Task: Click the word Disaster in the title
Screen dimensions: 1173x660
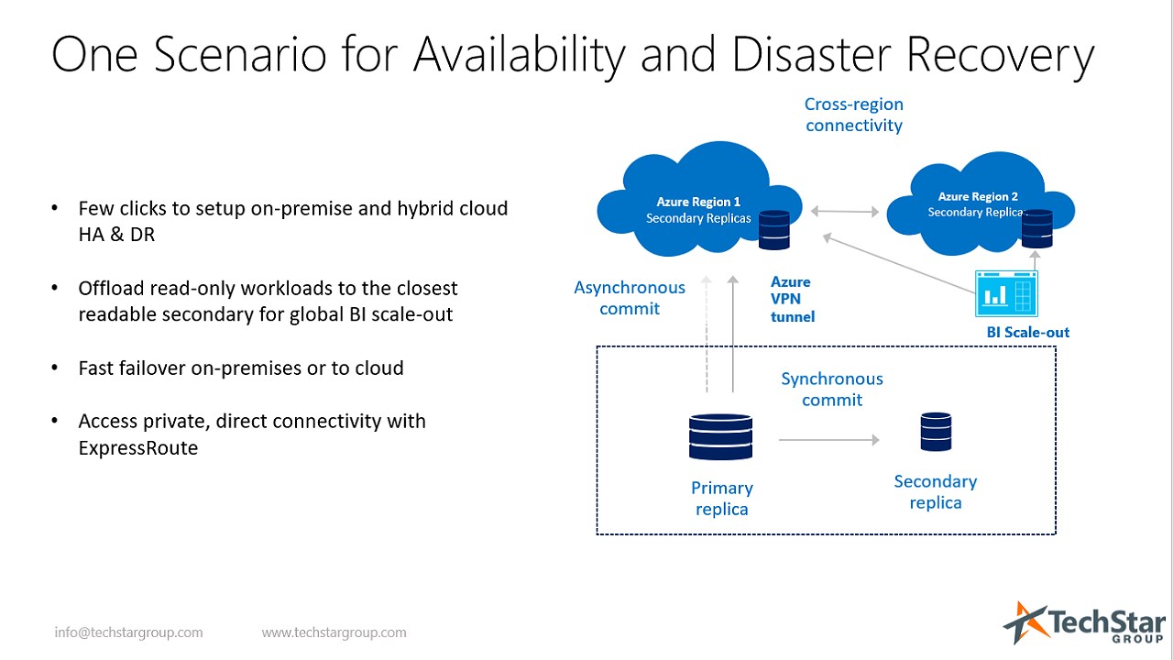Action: coord(811,54)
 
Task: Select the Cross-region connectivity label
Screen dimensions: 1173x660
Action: coord(854,115)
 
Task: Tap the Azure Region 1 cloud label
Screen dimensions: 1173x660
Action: coord(698,210)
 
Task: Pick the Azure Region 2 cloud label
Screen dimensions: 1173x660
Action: coord(977,204)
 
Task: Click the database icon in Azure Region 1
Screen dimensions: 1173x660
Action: coord(774,229)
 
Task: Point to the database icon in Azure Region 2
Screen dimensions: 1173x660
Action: coord(1036,228)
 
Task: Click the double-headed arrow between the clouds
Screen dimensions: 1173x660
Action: coord(845,212)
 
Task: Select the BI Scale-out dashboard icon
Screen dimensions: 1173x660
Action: coord(1006,294)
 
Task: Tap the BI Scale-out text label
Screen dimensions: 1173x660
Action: coord(1028,332)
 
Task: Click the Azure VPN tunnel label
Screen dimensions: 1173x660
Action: coord(793,299)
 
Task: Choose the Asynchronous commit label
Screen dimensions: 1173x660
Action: coord(630,298)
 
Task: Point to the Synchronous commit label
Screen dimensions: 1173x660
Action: coord(832,390)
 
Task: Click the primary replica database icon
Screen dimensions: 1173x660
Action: coord(720,437)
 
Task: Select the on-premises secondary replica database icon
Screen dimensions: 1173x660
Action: coord(937,432)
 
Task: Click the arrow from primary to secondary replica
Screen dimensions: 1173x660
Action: coord(829,440)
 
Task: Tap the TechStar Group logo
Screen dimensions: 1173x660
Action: coord(1084,622)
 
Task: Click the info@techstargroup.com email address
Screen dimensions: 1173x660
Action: coord(129,632)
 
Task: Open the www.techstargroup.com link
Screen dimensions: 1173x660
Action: coord(334,632)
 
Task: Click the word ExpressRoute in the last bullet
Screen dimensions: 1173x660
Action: coord(138,448)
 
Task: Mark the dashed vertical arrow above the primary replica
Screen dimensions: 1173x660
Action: coord(707,334)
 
